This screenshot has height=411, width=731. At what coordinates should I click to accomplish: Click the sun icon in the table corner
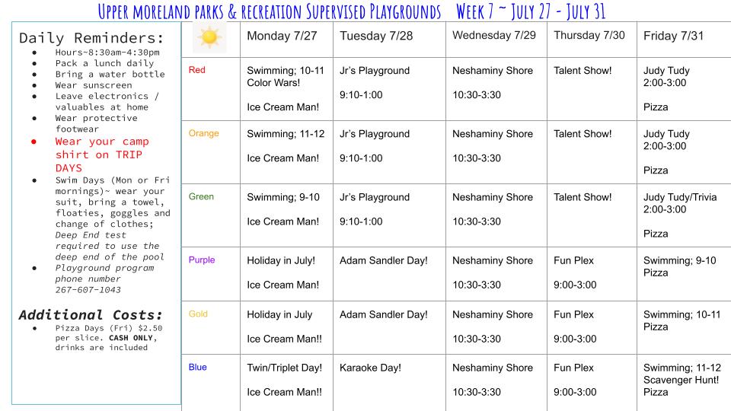[209, 37]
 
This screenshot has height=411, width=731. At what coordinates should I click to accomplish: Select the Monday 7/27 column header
[282, 36]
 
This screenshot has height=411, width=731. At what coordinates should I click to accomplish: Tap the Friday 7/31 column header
[673, 36]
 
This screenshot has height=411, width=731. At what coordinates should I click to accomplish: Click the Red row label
[196, 70]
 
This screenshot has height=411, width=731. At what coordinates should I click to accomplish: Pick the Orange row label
[204, 133]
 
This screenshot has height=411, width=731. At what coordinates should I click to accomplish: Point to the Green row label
[201, 196]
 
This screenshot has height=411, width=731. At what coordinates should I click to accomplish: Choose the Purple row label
[201, 260]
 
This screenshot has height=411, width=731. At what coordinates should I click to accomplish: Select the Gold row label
[198, 314]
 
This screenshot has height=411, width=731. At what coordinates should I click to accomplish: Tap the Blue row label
[198, 367]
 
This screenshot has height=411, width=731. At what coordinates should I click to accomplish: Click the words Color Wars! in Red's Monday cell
[273, 82]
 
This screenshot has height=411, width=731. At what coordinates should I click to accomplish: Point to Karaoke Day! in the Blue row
[370, 368]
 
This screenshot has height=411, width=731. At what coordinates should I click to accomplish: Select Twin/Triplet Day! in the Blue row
[284, 368]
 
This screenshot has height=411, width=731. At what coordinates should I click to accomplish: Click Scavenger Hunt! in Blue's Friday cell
[681, 380]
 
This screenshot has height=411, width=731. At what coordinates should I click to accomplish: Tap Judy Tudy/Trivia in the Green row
[680, 197]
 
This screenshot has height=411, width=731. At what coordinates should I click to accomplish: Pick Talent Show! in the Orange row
[583, 134]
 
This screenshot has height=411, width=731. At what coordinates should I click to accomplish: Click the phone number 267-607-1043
[88, 290]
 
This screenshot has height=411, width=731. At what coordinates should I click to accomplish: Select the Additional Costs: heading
[91, 315]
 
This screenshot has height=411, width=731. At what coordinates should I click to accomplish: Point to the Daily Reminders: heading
[92, 38]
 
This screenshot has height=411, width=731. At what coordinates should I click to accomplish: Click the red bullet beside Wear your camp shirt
[34, 142]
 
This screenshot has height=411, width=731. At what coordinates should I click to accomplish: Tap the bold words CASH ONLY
[130, 338]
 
